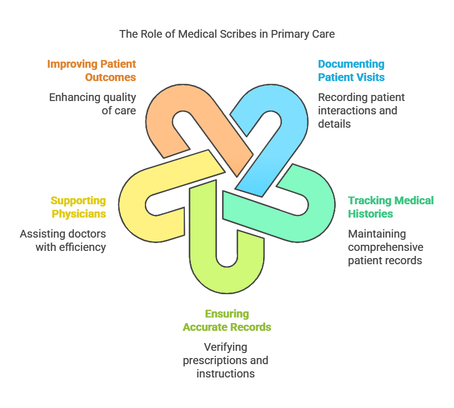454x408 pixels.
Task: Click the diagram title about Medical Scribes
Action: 227,34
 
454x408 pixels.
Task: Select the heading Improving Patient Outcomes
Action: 92,70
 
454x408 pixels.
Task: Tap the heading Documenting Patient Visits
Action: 351,70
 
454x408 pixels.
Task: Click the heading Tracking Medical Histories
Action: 391,207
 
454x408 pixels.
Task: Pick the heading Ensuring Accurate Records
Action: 226,320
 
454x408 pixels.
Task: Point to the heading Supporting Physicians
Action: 78,207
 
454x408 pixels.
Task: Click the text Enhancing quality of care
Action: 93,104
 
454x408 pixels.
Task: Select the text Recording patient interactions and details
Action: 361,110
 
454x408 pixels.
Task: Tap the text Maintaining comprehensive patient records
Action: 385,247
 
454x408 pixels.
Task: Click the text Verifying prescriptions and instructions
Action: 226,360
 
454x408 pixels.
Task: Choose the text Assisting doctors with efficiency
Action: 63,240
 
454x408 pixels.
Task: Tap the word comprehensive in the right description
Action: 385,247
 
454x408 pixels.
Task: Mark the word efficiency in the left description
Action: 82,247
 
